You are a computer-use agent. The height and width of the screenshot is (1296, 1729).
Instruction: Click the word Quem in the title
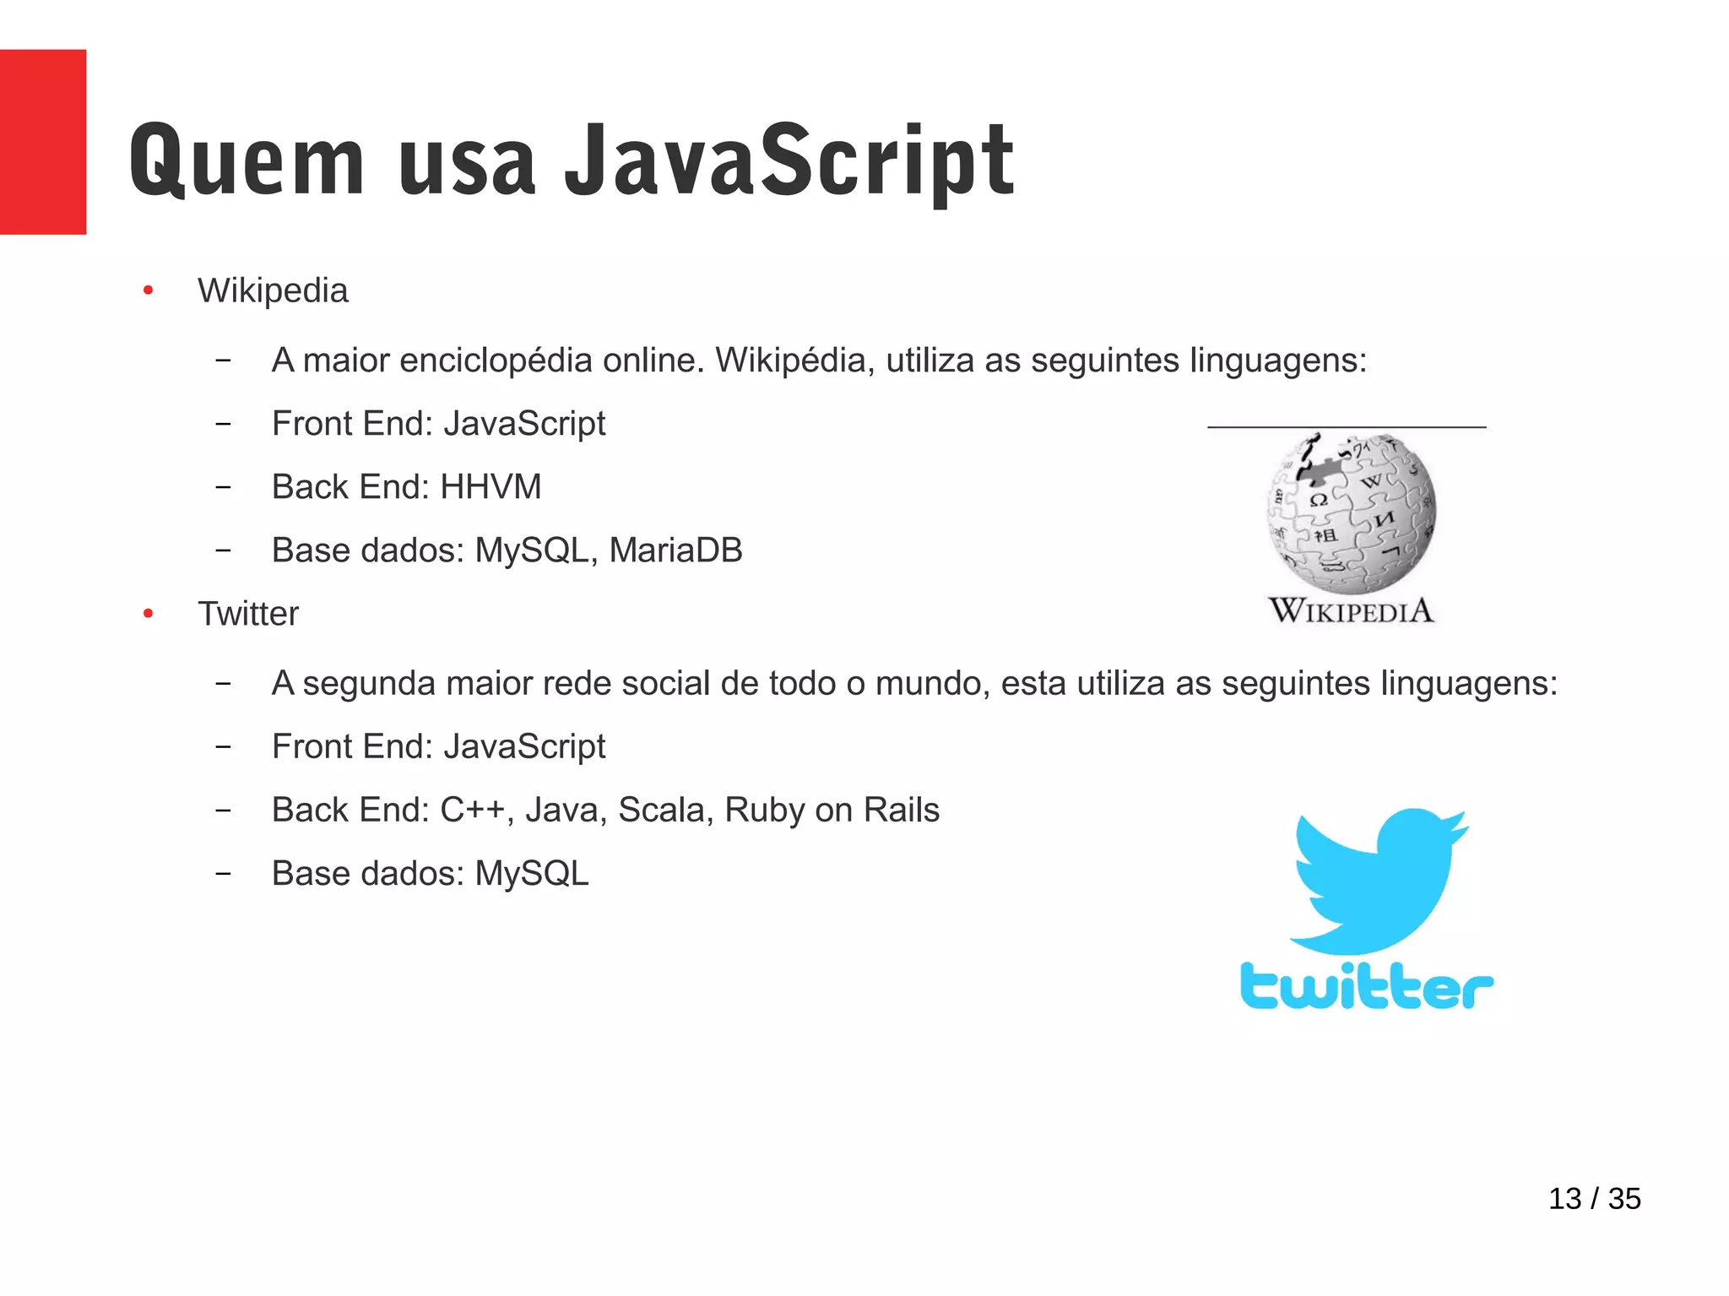click(247, 160)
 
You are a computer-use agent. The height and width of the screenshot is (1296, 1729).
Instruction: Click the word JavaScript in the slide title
click(789, 160)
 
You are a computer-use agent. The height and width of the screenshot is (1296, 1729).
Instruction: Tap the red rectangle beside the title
click(42, 142)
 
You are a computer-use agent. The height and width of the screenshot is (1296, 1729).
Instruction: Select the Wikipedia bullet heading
click(273, 290)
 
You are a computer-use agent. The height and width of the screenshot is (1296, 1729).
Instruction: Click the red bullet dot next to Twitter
click(149, 614)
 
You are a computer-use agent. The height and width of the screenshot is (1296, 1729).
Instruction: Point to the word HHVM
click(491, 487)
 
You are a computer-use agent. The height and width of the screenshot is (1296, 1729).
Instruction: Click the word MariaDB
click(675, 550)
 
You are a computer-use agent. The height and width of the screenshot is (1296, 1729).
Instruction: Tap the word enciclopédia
click(496, 361)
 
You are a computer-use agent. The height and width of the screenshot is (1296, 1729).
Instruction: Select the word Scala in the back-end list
click(666, 810)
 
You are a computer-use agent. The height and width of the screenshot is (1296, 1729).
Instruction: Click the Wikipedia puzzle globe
click(1351, 512)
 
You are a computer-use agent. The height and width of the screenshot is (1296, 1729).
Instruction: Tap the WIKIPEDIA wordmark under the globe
click(1351, 610)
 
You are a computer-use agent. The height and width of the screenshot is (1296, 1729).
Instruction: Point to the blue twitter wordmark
click(1367, 985)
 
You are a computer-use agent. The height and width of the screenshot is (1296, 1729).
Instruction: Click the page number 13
click(1564, 1199)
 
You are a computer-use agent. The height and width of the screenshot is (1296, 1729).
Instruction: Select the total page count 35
click(1624, 1199)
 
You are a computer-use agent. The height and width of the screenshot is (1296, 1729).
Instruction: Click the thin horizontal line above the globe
click(1347, 427)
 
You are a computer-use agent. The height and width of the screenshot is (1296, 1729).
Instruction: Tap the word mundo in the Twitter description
click(932, 684)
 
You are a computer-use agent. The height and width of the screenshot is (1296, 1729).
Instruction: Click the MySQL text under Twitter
click(532, 874)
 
